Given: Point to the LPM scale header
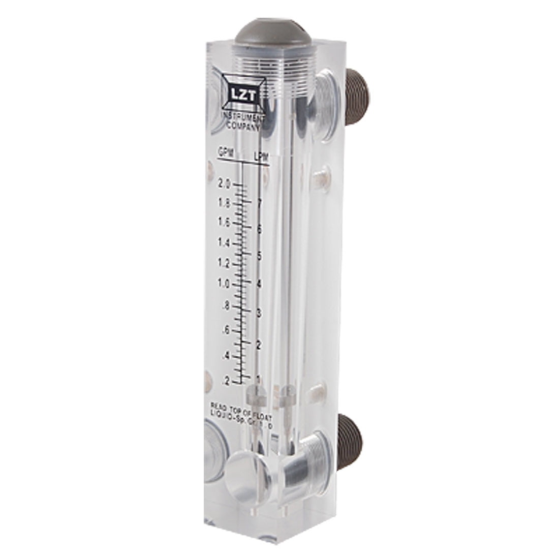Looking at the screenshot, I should coord(261,158).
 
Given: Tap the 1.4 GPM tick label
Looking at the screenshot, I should coord(224,243).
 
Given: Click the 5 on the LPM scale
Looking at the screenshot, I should coord(260,256).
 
